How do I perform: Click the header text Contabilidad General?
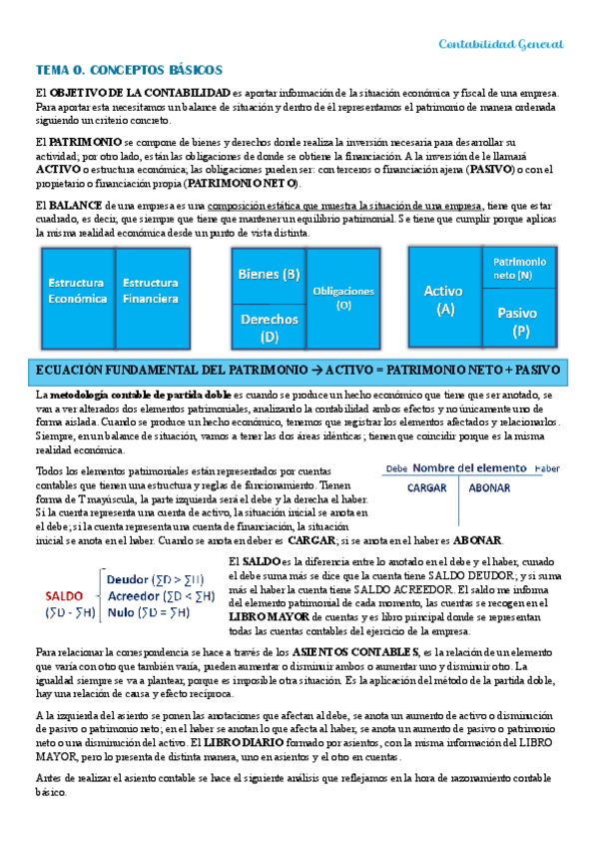(x=502, y=45)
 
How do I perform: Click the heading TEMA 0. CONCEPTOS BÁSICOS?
(x=129, y=71)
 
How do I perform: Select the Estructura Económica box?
(x=77, y=292)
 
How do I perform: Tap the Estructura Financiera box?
(x=151, y=292)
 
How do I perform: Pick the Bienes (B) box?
(x=269, y=274)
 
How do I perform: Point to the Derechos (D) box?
(x=269, y=327)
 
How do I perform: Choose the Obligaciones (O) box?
(x=344, y=298)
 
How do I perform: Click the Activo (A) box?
(x=444, y=299)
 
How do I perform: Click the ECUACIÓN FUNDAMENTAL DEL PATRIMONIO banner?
(x=298, y=370)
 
